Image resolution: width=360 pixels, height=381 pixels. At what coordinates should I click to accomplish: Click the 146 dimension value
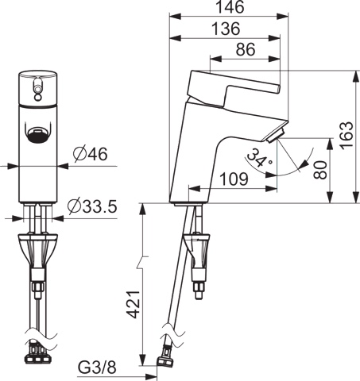coord(230,7)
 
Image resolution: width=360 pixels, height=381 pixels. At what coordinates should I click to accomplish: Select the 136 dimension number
coord(226,29)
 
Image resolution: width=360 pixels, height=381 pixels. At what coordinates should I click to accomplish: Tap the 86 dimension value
coord(246,49)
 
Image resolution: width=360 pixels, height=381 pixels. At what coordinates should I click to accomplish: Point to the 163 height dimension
coord(347,136)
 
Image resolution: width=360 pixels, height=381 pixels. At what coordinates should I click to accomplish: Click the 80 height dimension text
coord(320,170)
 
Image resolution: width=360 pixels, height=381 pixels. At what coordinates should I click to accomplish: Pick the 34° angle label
coord(257,158)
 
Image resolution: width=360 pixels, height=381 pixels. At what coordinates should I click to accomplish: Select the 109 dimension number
coord(234,179)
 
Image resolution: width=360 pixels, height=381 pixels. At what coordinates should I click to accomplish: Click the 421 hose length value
coord(133,304)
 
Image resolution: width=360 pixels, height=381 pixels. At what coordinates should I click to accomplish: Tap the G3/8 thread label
coord(97,368)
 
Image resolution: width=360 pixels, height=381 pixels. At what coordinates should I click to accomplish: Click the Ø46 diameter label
coord(91,154)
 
